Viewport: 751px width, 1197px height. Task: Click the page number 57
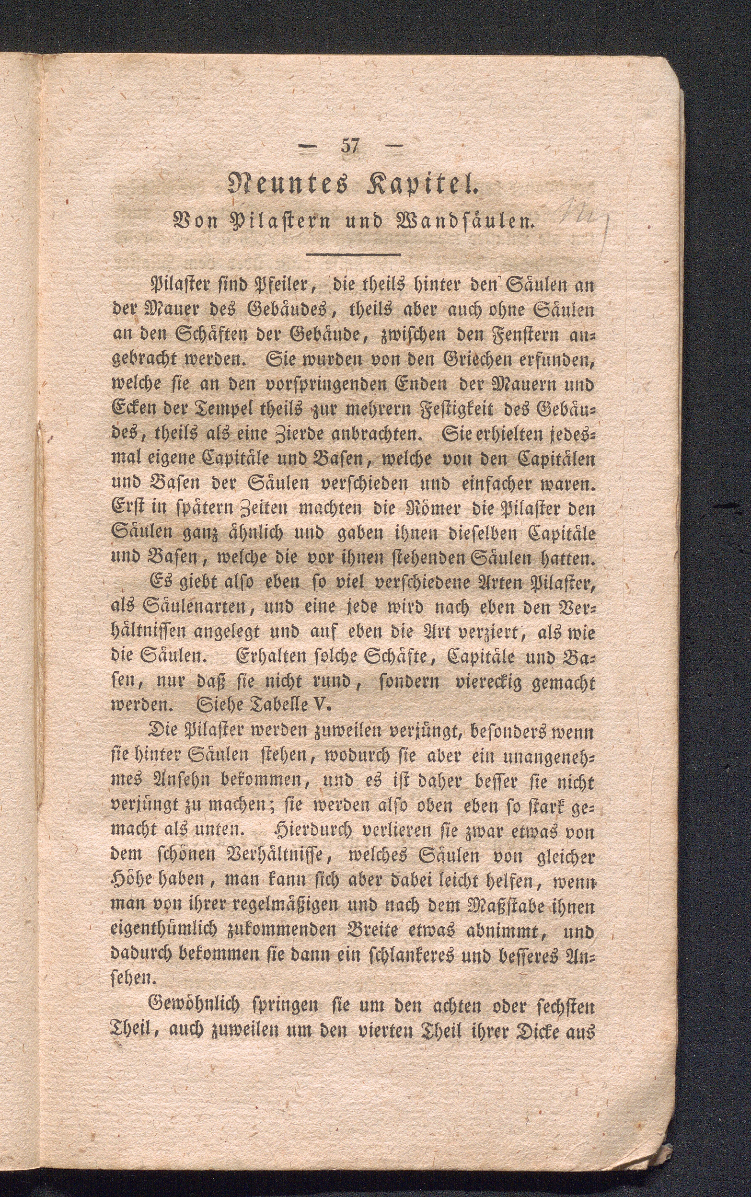(x=350, y=148)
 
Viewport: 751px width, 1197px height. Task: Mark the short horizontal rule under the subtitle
(x=353, y=255)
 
